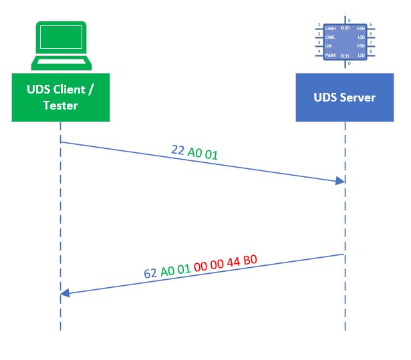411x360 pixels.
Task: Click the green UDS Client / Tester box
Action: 60,98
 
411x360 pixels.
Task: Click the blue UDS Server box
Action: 345,98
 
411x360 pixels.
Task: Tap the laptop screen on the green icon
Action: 59,38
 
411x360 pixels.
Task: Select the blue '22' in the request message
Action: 178,150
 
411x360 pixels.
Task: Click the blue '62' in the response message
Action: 151,273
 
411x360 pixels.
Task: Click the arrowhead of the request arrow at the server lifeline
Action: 341,181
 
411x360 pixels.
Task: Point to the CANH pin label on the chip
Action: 330,29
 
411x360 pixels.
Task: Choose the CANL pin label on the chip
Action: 330,37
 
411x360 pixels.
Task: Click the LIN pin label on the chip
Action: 328,46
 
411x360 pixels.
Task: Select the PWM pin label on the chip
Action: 329,55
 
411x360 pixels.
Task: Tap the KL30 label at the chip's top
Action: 345,28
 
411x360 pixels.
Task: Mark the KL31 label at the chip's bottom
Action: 345,55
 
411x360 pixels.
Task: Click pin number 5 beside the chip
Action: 371,25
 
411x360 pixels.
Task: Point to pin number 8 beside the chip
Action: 371,51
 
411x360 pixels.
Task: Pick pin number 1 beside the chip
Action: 319,25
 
